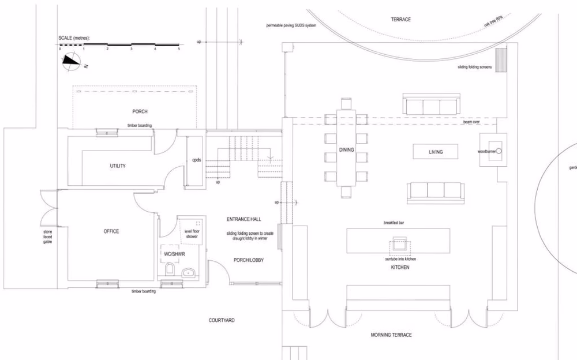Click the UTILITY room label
coord(118,166)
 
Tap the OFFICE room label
coord(111,231)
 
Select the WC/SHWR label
coord(170,254)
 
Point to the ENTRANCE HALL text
coord(243,220)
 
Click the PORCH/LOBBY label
coord(249,260)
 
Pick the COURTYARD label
coord(222,320)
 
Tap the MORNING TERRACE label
coord(392,335)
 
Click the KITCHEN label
coord(400,268)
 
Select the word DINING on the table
coord(346,150)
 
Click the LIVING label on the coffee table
coord(436,152)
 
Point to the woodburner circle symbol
coord(499,151)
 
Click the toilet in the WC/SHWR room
coord(170,269)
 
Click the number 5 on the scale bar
coord(179,50)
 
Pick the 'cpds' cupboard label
coord(197,160)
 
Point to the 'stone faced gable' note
coord(48,236)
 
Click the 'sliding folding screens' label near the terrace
coord(474,67)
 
